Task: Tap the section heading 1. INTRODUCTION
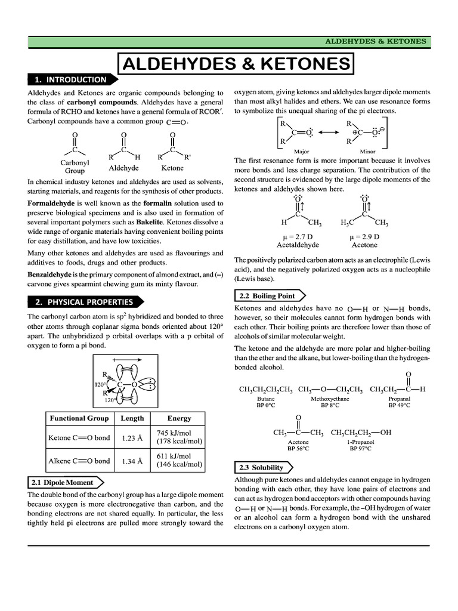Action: (70, 79)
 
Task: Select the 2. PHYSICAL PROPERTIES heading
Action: (83, 301)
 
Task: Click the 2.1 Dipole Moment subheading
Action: (63, 482)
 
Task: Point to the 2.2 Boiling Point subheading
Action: (267, 295)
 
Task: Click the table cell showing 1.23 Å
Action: (132, 437)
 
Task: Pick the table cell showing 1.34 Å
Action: (132, 461)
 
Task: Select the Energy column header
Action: (179, 418)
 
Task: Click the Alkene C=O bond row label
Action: (79, 461)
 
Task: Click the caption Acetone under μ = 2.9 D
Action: (364, 245)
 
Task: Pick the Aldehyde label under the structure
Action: (123, 168)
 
